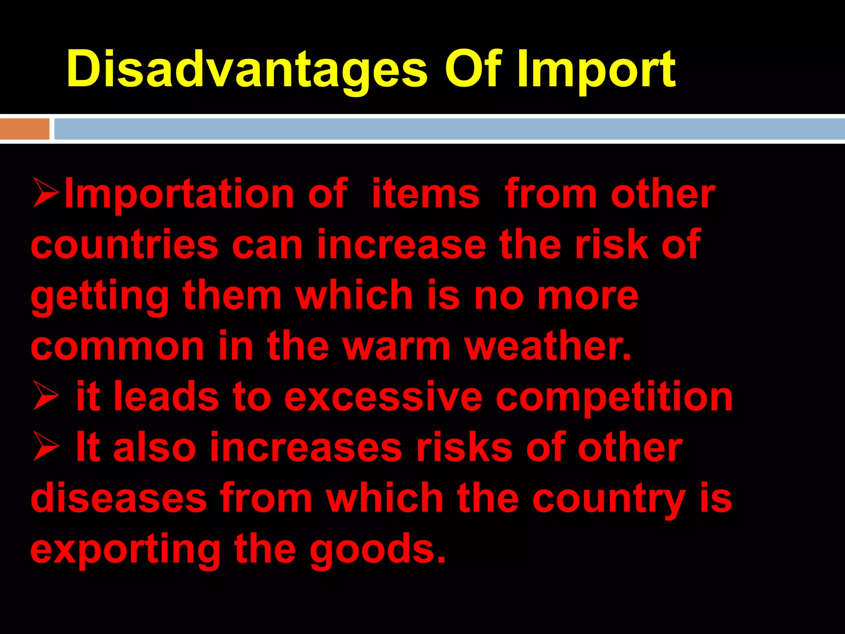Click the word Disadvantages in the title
[x=247, y=69]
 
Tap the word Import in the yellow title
[x=596, y=69]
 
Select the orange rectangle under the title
[x=25, y=129]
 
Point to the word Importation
[x=179, y=194]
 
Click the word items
[x=425, y=194]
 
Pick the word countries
[x=124, y=244]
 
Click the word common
[x=118, y=346]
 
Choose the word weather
[x=548, y=346]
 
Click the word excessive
[x=383, y=397]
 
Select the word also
[x=154, y=447]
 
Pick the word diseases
[x=118, y=499]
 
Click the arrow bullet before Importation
[x=46, y=193]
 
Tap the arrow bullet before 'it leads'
[x=46, y=396]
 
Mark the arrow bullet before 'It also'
[x=46, y=447]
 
